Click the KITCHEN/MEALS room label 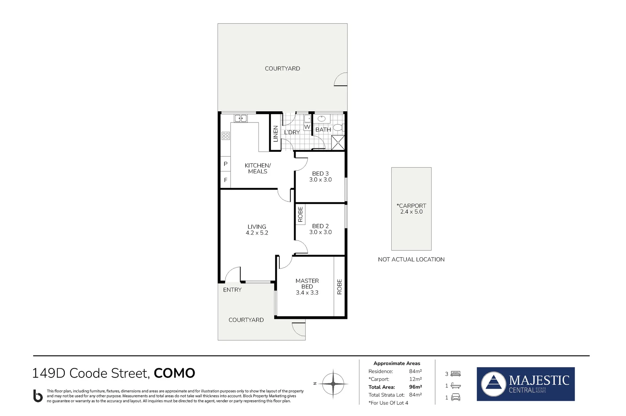257,168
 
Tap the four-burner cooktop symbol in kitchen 225,136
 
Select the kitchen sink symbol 241,118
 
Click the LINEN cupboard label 275,134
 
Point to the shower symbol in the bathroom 338,142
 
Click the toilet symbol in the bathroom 338,127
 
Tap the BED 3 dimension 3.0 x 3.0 320,180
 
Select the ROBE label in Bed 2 300,214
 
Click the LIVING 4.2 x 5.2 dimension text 257,233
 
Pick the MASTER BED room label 307,283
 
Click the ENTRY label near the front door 232,290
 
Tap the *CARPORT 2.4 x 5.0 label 411,209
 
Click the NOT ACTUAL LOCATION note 411,260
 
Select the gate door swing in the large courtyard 341,79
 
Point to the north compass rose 333,384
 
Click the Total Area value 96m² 416,387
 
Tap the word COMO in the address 174,373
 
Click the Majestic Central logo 525,384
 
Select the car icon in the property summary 456,398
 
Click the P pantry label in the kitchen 225,164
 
